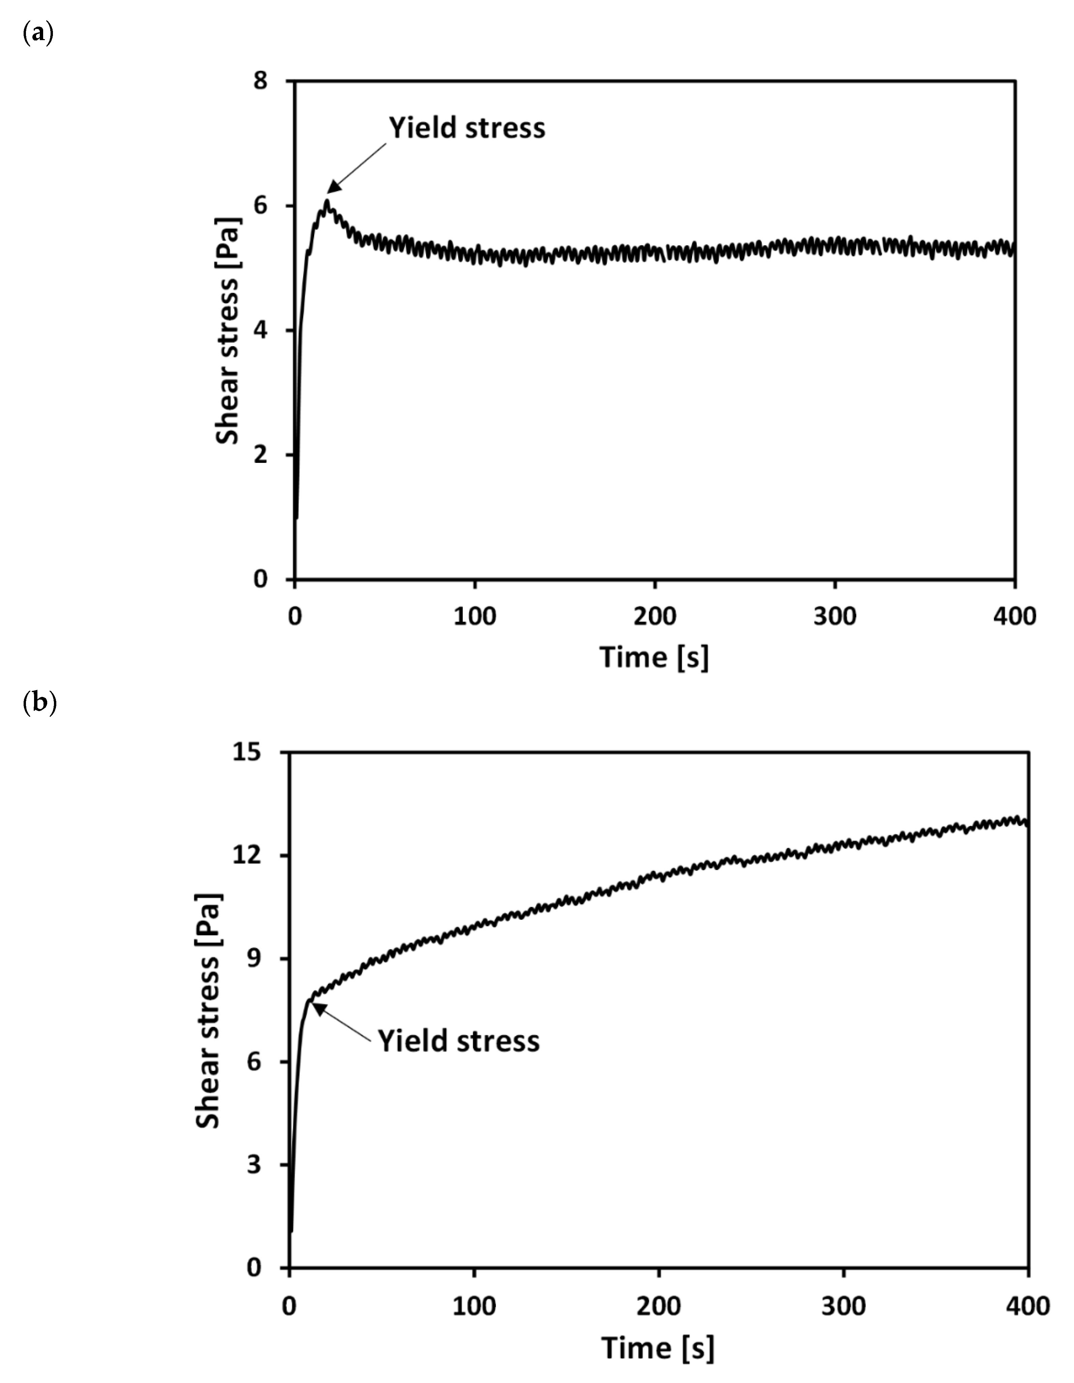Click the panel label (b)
[39, 703]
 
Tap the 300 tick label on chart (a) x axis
[835, 616]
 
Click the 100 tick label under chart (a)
[475, 616]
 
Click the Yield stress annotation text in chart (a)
[467, 128]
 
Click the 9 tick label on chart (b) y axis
[253, 959]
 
